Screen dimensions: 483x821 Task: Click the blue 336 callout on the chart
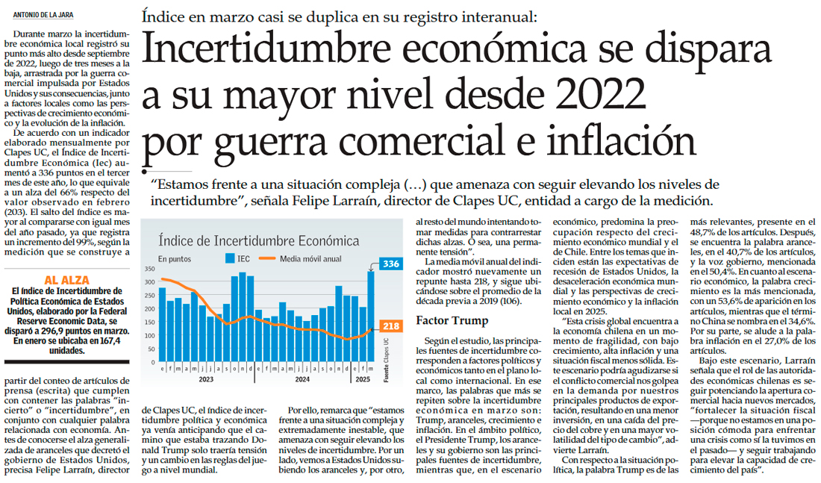(x=391, y=264)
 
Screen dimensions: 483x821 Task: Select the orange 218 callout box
(x=390, y=326)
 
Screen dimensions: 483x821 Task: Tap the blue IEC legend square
(x=231, y=259)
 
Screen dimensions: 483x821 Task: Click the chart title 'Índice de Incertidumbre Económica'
(x=257, y=240)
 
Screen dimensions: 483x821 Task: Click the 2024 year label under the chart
(x=302, y=379)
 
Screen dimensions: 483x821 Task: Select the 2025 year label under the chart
(x=363, y=379)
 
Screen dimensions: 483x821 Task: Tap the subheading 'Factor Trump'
(x=452, y=321)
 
